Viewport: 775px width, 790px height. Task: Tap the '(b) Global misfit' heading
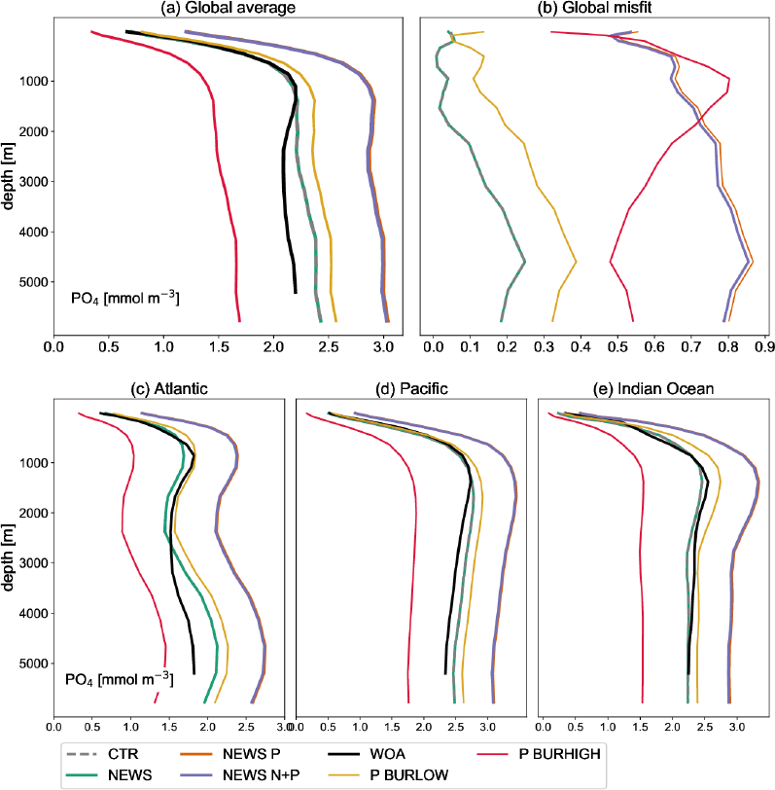pos(595,9)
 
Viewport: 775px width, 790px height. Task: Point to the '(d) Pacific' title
pos(412,389)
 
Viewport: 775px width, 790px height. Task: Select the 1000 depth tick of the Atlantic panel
pos(31,462)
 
